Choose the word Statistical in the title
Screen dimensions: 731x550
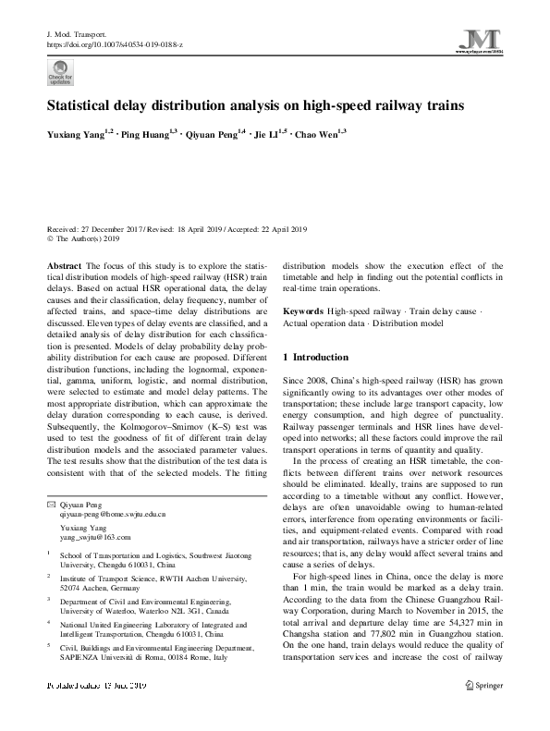click(x=81, y=105)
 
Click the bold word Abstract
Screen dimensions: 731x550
click(x=62, y=264)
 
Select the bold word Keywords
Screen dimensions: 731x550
click(x=303, y=312)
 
